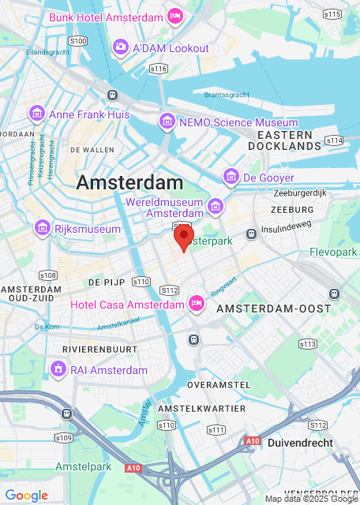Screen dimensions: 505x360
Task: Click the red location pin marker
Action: point(183,235)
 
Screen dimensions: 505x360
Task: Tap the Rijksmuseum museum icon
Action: point(43,228)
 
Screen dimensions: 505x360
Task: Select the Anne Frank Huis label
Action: point(89,114)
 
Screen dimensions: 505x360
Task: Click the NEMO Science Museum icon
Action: point(167,122)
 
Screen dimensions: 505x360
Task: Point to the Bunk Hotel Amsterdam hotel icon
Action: point(175,16)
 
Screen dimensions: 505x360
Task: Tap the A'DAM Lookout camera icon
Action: point(121,47)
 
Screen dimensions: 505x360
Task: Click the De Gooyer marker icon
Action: point(231,177)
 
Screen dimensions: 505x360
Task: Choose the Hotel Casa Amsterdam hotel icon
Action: point(197,304)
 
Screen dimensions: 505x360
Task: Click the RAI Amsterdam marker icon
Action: point(58,368)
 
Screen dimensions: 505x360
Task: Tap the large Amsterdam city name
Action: point(129,182)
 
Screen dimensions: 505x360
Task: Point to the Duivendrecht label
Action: point(301,443)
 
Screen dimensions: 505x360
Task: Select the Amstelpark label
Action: point(84,467)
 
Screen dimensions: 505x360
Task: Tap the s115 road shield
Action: point(332,14)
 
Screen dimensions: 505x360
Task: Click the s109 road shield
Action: point(64,437)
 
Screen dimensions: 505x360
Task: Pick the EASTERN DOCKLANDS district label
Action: point(284,140)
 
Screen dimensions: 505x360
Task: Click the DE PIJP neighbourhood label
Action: point(103,281)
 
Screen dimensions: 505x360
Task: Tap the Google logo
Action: point(26,495)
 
